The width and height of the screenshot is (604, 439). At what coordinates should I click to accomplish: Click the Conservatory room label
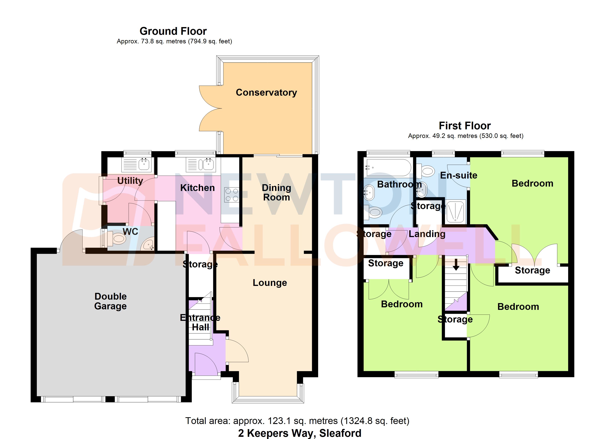pyautogui.click(x=266, y=92)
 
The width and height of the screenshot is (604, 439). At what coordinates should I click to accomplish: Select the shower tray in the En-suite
pyautogui.click(x=456, y=211)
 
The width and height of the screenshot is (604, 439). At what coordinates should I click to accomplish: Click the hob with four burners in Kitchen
pyautogui.click(x=232, y=195)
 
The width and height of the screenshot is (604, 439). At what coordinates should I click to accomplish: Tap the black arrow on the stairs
pyautogui.click(x=456, y=264)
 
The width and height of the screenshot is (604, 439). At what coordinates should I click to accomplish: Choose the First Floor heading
pyautogui.click(x=465, y=126)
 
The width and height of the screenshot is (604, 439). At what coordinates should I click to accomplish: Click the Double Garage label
pyautogui.click(x=111, y=301)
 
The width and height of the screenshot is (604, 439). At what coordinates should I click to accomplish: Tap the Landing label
pyautogui.click(x=427, y=234)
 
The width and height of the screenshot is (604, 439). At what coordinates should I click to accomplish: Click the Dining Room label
pyautogui.click(x=276, y=192)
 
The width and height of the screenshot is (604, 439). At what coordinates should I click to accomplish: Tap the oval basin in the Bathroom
pyautogui.click(x=369, y=192)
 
